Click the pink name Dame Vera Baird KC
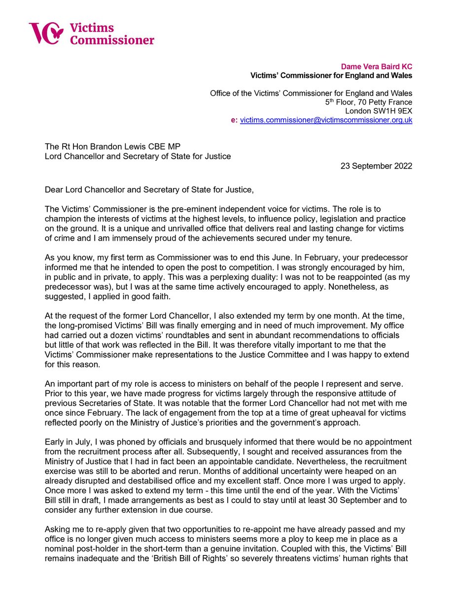pos(376,66)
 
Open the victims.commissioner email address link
pos(326,120)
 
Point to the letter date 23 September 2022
pos(376,166)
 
